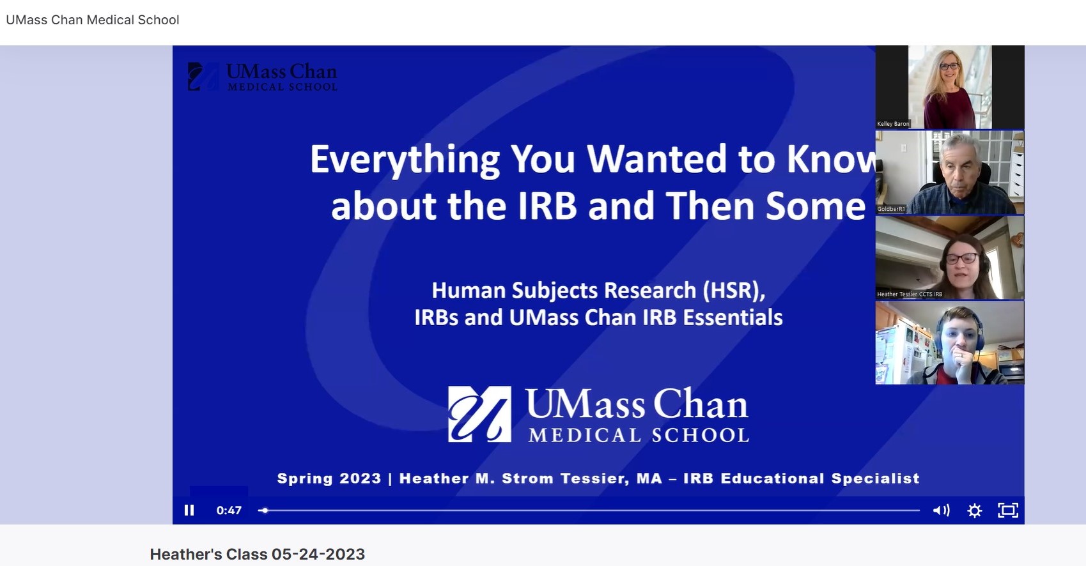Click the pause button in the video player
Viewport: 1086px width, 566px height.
pos(189,510)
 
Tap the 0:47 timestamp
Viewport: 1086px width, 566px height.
pos(229,510)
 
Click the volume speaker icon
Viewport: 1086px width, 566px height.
pos(941,510)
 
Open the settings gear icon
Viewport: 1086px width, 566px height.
pos(975,511)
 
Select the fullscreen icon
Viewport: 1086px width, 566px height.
pos(1008,510)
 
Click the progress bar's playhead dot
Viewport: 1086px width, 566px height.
pos(265,510)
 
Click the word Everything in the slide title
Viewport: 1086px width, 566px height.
pos(405,160)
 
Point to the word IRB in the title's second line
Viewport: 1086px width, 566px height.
pos(547,206)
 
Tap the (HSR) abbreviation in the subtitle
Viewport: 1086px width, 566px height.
pos(734,290)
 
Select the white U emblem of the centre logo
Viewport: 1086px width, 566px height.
pos(479,414)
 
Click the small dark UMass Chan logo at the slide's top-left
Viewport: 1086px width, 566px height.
pos(262,77)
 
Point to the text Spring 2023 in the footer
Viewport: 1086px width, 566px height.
pos(329,478)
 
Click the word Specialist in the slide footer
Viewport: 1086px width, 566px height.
pos(876,478)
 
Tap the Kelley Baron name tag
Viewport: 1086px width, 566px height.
pos(893,123)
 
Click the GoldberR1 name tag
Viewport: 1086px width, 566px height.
pos(891,209)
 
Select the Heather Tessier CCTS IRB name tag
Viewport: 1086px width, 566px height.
pos(910,294)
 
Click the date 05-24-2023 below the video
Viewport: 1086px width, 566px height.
pos(318,554)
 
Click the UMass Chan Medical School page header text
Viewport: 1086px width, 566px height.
pos(93,20)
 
